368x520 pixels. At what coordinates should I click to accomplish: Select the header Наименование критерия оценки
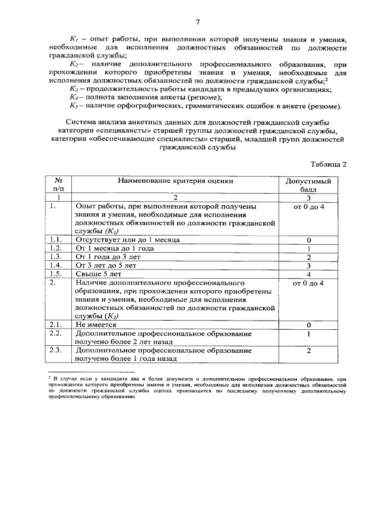(176, 180)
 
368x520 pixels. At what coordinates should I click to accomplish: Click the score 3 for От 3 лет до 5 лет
(309, 266)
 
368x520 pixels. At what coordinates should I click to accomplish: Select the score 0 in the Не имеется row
(309, 325)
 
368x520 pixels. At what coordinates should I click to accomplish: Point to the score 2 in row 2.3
(309, 350)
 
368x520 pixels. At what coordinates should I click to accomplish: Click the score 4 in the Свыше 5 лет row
(309, 275)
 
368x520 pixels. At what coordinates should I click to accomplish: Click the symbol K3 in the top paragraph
(73, 90)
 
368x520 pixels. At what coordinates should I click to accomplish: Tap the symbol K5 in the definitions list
(73, 106)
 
